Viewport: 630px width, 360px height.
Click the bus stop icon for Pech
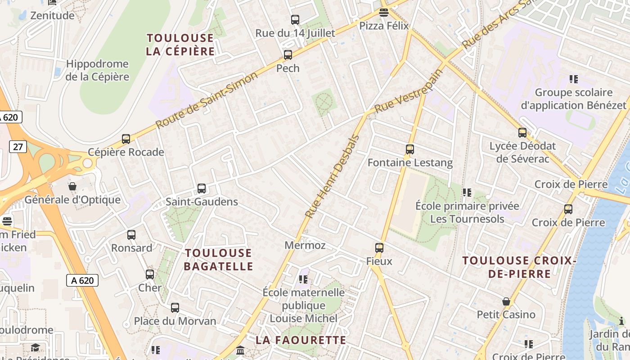coord(288,55)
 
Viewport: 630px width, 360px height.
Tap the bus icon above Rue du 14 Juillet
coord(295,20)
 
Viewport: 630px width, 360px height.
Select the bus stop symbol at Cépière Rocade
coord(126,139)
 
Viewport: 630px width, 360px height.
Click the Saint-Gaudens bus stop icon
coord(202,189)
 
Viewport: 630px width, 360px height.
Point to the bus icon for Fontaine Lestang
coord(409,149)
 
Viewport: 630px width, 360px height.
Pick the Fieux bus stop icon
coord(379,248)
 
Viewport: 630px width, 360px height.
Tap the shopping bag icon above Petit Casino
coord(506,301)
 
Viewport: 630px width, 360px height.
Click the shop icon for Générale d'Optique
coord(72,186)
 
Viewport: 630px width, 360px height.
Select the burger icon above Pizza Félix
coord(383,12)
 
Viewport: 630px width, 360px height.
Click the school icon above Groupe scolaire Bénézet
coord(573,79)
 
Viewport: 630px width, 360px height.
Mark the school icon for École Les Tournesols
coord(467,193)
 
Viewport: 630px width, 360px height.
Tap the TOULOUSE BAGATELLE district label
coord(218,260)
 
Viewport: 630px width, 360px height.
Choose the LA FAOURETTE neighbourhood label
coord(301,340)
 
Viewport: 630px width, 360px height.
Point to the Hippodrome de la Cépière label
coord(97,70)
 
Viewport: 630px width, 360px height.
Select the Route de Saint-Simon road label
coord(207,100)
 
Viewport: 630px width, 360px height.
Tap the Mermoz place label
coord(305,246)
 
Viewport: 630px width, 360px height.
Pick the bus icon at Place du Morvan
coord(175,308)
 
